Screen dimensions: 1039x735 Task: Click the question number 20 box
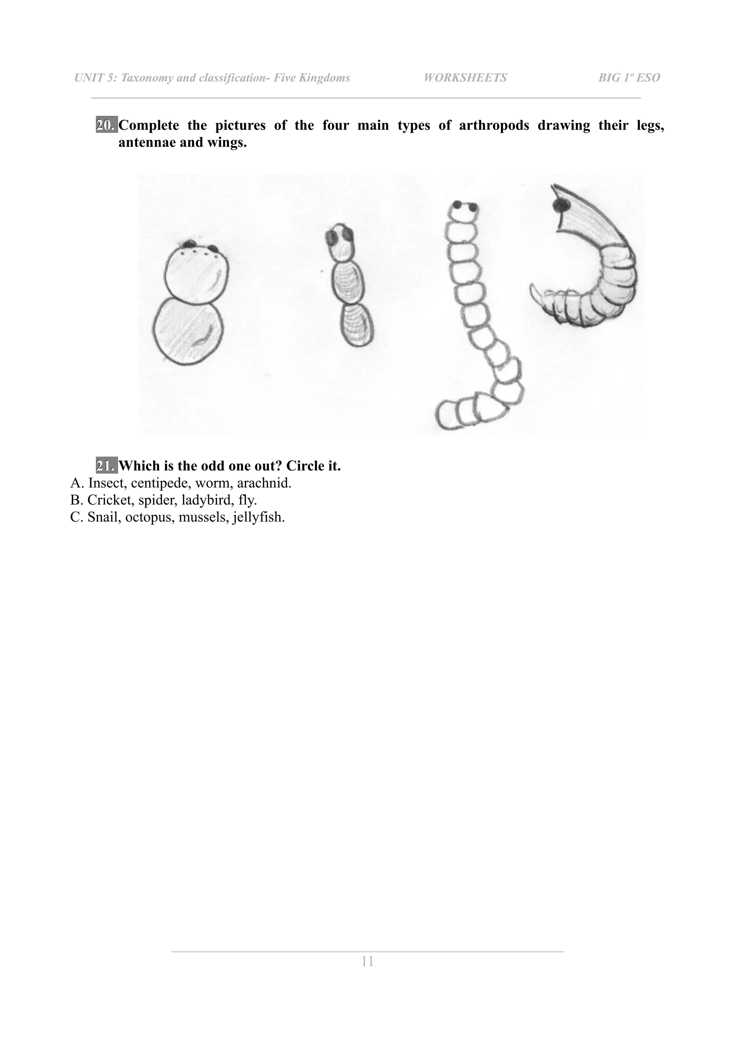click(106, 125)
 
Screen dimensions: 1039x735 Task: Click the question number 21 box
click(106, 466)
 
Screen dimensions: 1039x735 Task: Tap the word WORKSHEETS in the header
click(465, 78)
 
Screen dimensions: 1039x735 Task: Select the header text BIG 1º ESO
click(629, 78)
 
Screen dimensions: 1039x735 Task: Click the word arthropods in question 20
click(494, 125)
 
